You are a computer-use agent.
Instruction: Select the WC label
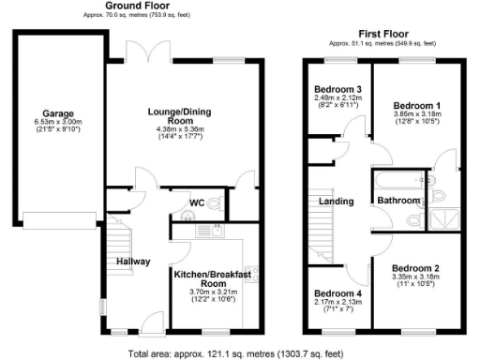pyautogui.click(x=197, y=202)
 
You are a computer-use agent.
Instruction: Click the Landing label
pyautogui.click(x=337, y=201)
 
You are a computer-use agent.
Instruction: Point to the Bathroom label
pyautogui.click(x=397, y=201)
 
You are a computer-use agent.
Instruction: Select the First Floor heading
pyautogui.click(x=382, y=35)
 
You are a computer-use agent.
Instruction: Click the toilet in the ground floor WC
pyautogui.click(x=215, y=202)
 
